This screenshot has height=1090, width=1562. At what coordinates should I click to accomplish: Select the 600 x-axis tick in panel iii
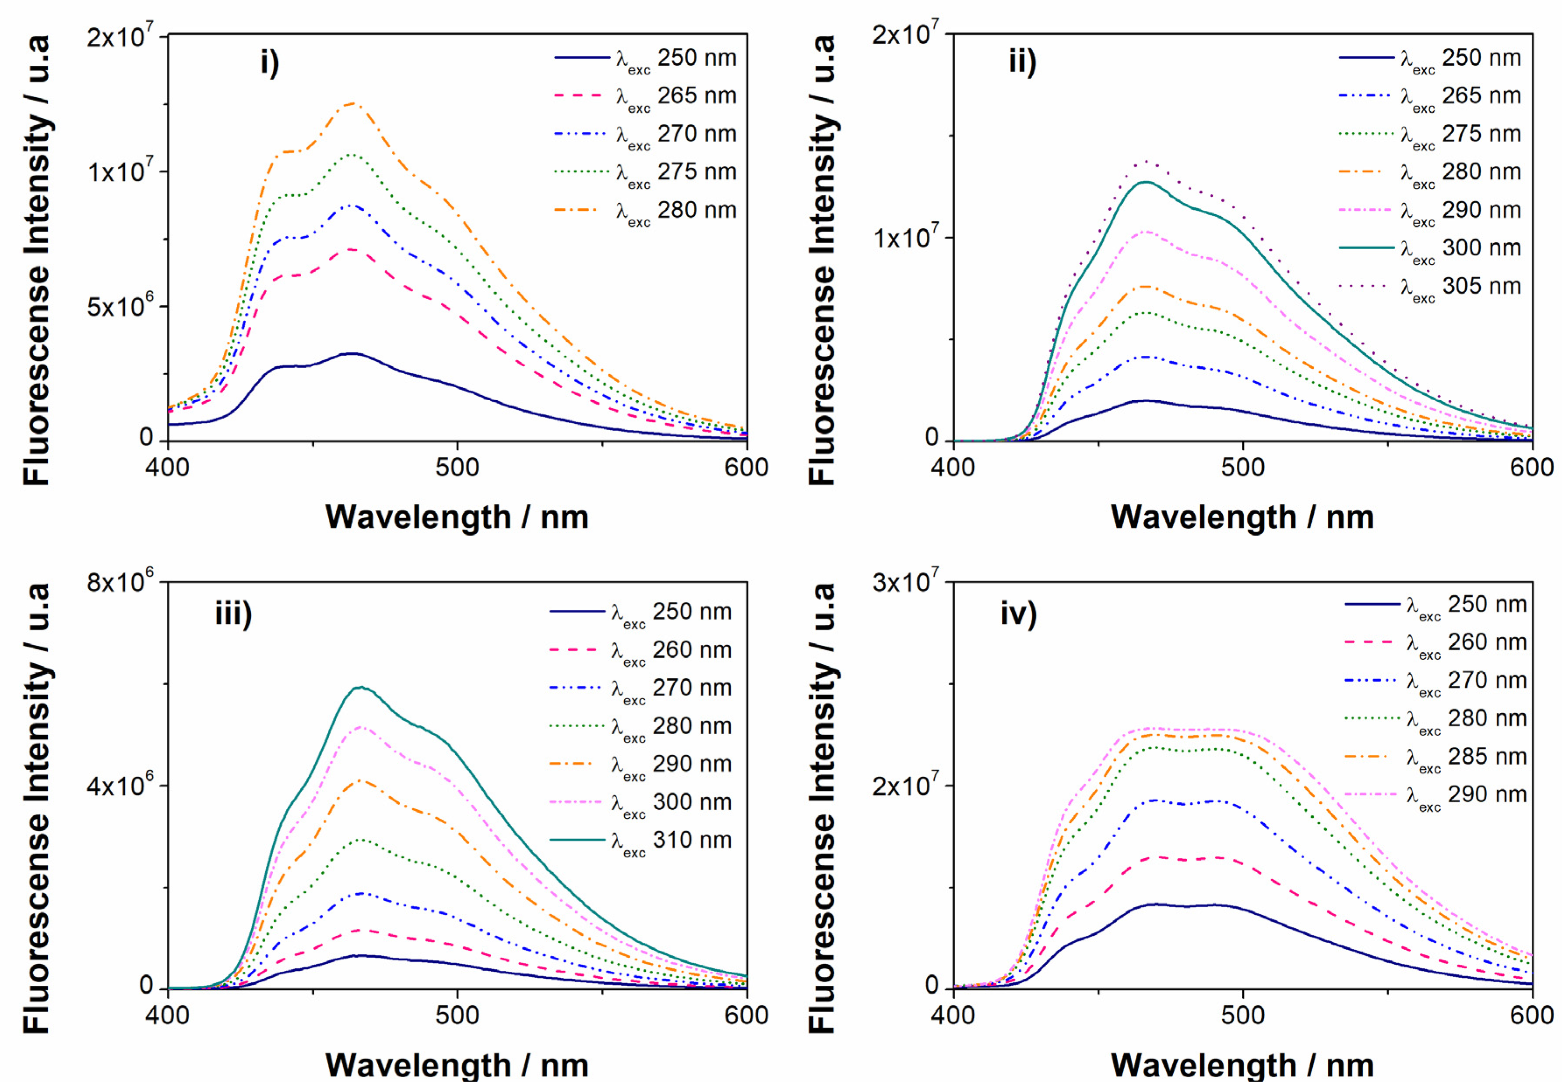[746, 1015]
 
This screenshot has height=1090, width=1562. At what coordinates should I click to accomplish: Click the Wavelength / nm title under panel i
[457, 517]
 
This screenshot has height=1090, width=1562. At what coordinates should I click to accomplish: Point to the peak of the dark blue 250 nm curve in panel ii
[1147, 401]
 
